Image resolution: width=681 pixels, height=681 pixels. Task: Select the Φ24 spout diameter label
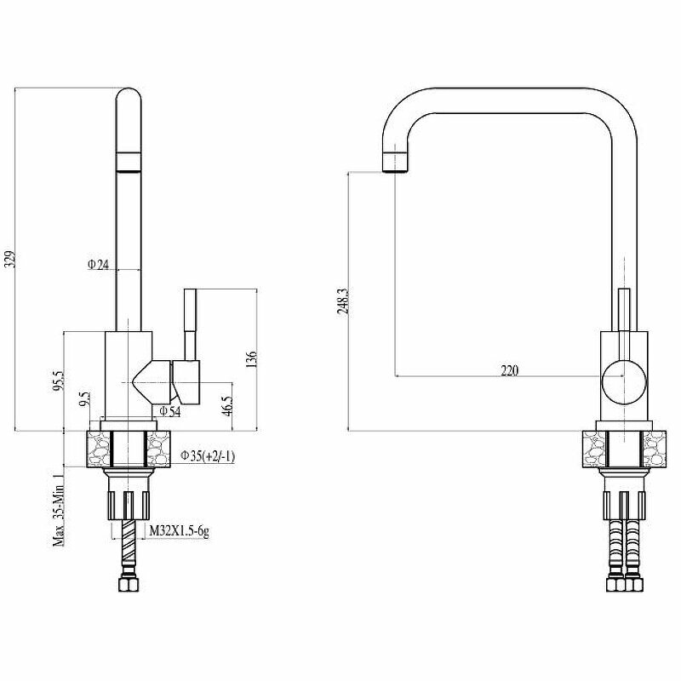click(99, 265)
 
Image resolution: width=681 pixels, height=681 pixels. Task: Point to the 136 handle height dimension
click(249, 360)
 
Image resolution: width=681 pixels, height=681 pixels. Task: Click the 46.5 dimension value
click(226, 403)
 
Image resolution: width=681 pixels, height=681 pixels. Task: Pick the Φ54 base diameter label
click(169, 412)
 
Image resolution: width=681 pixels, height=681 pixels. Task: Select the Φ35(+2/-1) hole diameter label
click(208, 456)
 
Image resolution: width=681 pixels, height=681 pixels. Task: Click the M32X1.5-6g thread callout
click(180, 532)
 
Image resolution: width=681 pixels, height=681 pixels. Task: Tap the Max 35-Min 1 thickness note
click(59, 511)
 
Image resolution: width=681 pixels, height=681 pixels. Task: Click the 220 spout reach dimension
click(509, 369)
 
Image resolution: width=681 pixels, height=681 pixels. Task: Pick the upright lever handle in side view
click(190, 323)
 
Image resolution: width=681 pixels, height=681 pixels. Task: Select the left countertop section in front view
click(594, 448)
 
